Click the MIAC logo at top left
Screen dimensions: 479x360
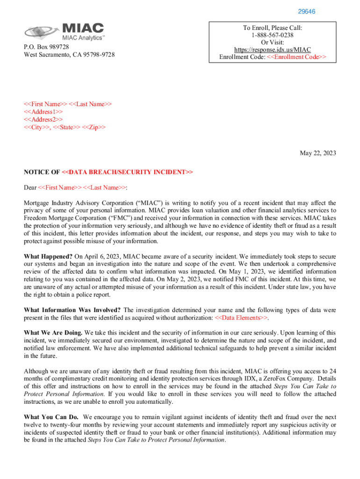click(65, 31)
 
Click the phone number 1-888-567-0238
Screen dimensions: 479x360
click(273, 35)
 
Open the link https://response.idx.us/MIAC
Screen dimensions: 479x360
click(273, 50)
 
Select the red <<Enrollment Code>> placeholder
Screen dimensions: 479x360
click(296, 57)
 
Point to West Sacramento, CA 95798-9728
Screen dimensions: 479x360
click(69, 55)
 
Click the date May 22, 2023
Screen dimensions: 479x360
click(317, 153)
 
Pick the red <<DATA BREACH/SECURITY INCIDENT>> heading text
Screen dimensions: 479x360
click(127, 172)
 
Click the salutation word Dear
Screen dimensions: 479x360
click(30, 188)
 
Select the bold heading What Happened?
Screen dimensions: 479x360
click(48, 256)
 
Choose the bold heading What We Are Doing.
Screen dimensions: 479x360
click(53, 333)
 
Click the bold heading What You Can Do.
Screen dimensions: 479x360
click(51, 417)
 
